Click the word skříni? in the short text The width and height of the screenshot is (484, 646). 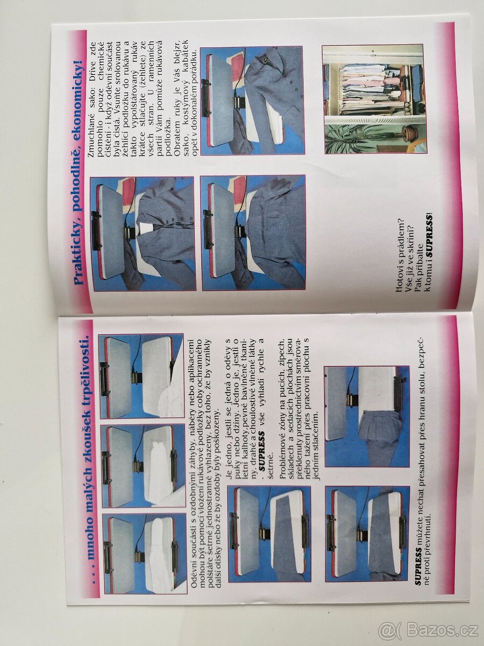coord(410,241)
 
